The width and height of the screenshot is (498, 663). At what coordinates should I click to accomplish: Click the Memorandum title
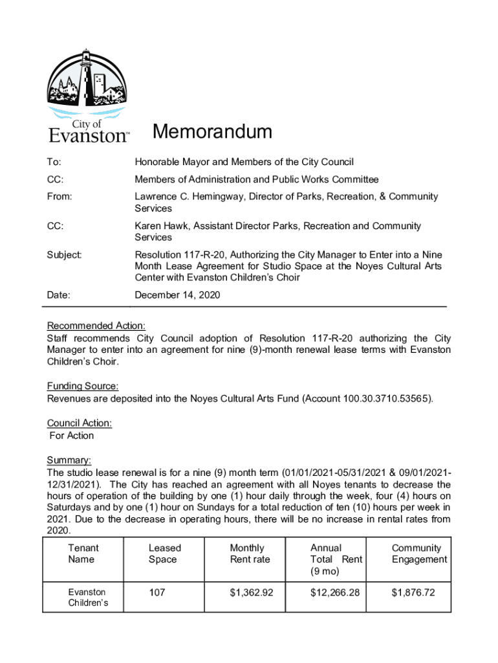(x=212, y=133)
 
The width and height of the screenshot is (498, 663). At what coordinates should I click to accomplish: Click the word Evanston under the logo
(x=89, y=136)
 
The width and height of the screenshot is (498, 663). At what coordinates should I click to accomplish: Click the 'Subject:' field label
(x=64, y=255)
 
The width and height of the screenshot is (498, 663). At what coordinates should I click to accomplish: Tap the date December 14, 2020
(x=177, y=295)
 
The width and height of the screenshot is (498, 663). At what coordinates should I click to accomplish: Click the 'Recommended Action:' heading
(x=96, y=326)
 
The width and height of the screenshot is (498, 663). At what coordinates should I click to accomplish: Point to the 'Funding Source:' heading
(x=82, y=387)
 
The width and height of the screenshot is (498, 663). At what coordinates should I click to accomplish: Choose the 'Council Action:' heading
(x=80, y=423)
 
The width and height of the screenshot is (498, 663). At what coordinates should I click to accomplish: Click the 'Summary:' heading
(x=69, y=460)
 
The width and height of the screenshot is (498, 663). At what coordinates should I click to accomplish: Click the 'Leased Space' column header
(x=164, y=554)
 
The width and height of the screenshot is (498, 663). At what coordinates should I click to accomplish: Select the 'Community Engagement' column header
(x=418, y=554)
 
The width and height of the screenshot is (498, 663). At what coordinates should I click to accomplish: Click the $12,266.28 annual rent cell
(x=334, y=592)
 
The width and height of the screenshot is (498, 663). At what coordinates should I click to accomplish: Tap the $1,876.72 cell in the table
(x=413, y=592)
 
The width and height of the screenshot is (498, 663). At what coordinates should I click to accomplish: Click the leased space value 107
(x=157, y=592)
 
